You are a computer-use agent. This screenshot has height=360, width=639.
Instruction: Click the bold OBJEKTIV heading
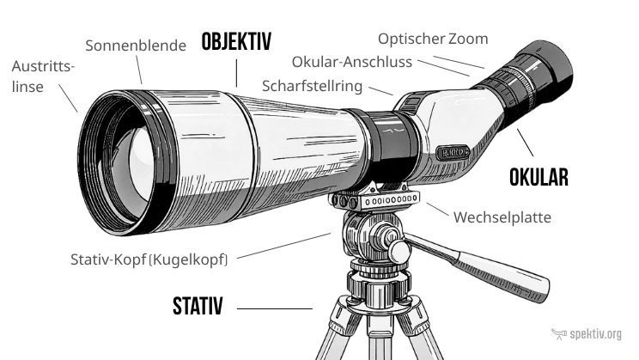[x=236, y=41]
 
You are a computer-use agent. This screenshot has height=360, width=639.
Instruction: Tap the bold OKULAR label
[x=539, y=178]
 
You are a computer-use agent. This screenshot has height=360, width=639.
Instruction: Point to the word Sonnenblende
[x=135, y=45]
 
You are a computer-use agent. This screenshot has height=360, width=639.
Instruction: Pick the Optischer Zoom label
[x=433, y=39]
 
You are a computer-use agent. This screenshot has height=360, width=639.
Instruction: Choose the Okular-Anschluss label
[x=352, y=63]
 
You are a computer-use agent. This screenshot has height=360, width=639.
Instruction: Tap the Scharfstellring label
[x=313, y=86]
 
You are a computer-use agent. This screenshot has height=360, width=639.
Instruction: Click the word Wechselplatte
[x=502, y=217]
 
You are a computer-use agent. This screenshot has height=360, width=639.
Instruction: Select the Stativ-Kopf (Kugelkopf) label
[x=150, y=258]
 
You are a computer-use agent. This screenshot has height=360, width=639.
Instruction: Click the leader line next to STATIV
[x=275, y=308]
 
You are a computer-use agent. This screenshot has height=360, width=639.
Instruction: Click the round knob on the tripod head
[x=400, y=251]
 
